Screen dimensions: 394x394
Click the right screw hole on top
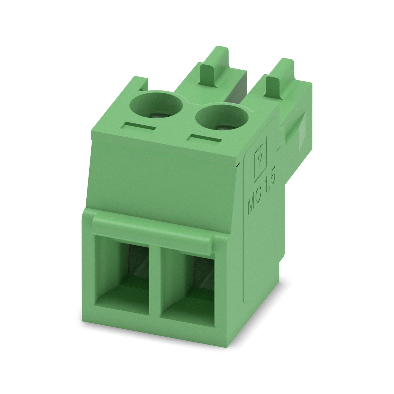[222, 117]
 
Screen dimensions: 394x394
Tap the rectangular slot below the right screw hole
[206, 138]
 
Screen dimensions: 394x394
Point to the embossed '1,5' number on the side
[271, 181]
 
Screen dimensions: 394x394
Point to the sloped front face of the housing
[163, 184]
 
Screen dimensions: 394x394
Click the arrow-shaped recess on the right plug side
[297, 131]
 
